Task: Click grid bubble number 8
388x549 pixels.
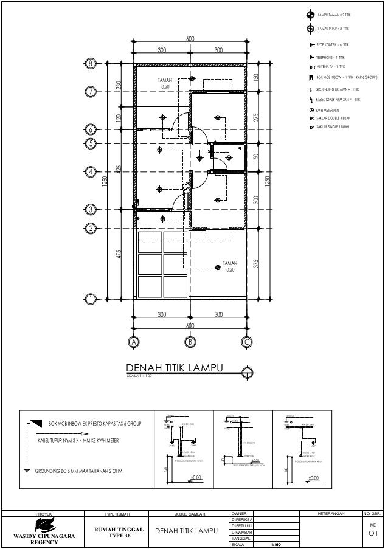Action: (x=91, y=63)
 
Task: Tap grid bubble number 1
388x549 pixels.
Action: (x=91, y=300)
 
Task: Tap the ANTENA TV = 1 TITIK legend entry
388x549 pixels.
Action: (x=331, y=66)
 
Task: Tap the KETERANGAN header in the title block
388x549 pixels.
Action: (x=331, y=514)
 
